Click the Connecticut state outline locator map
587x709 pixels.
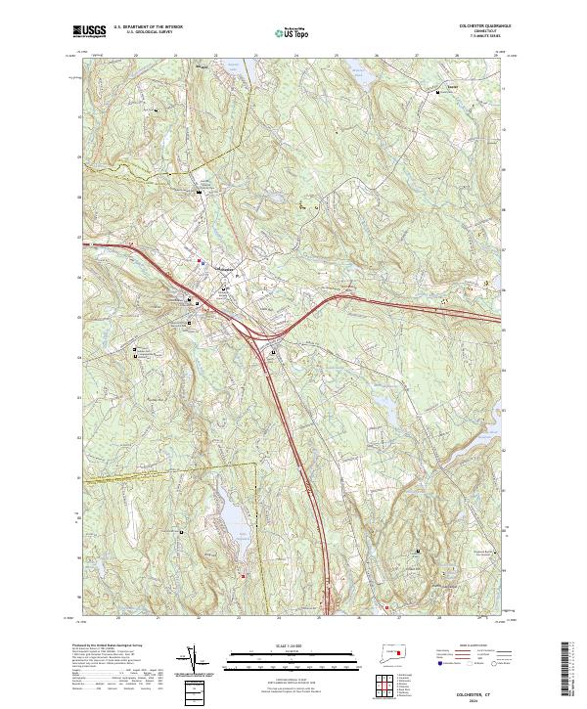[x=396, y=653]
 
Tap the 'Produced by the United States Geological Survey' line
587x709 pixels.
[x=108, y=646]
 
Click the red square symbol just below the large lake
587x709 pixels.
[x=244, y=574]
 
